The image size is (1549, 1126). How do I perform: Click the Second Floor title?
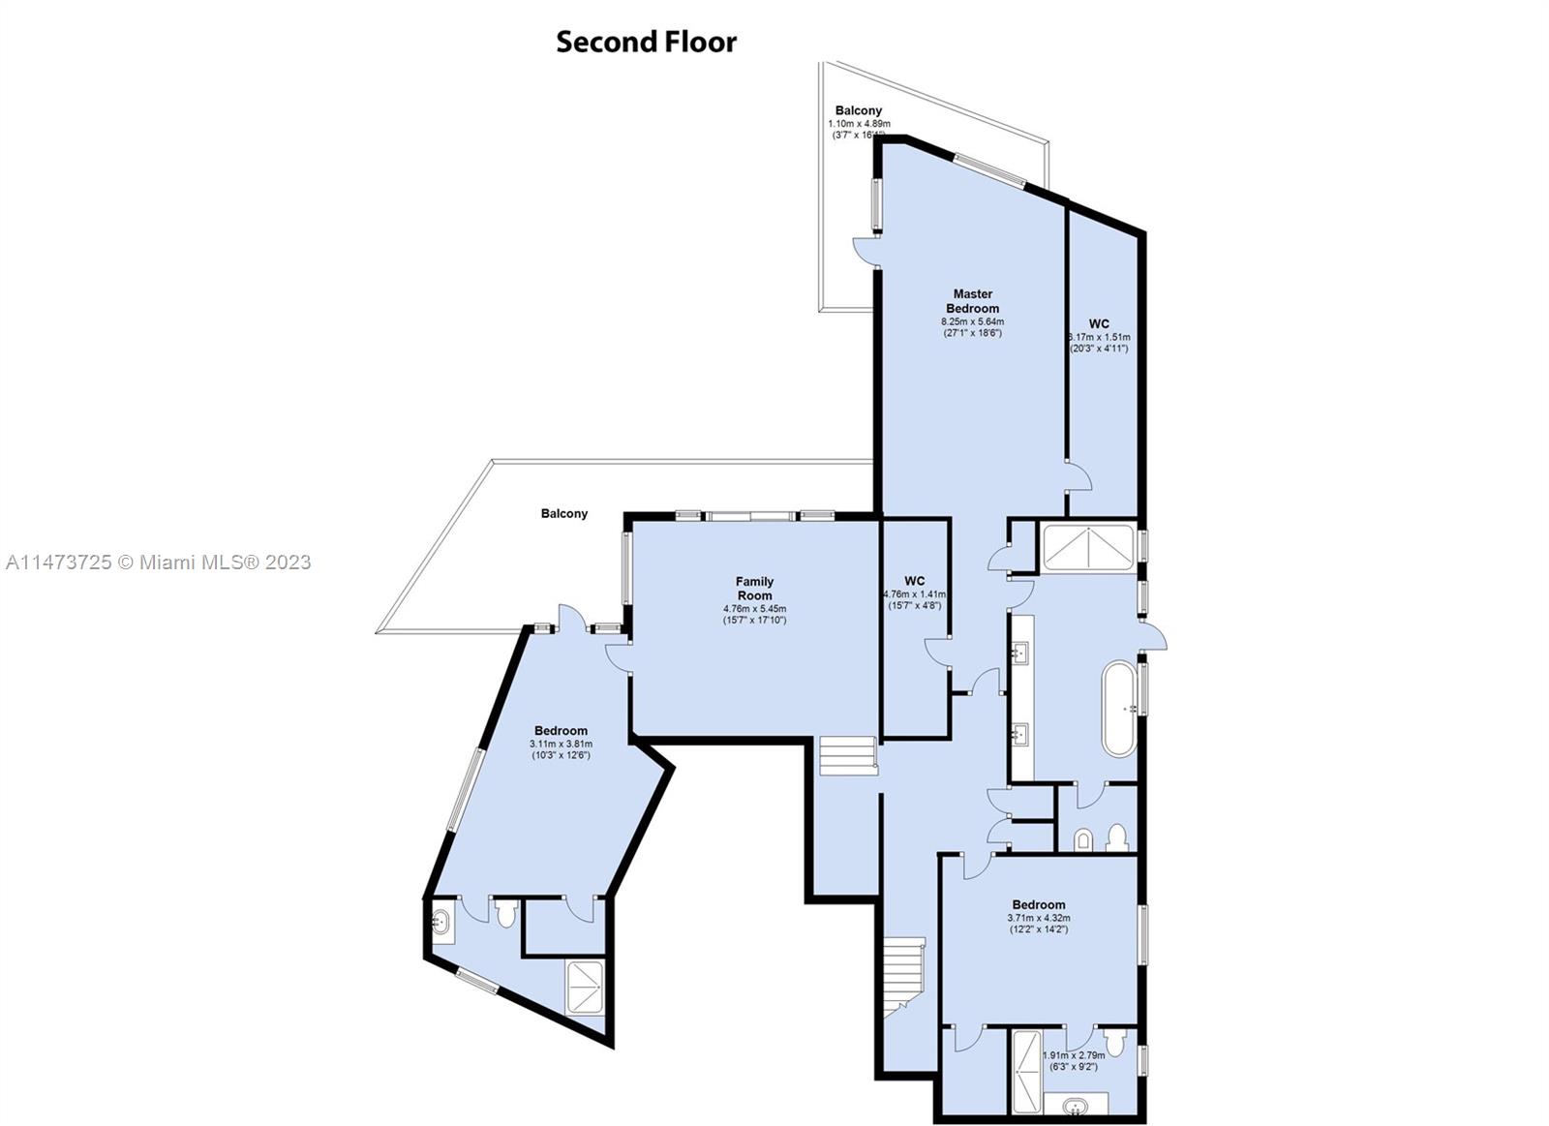tap(646, 42)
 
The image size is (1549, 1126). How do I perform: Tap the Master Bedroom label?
tap(972, 301)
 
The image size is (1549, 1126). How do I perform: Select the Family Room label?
tap(754, 589)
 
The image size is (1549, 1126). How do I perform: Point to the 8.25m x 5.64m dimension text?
tap(972, 321)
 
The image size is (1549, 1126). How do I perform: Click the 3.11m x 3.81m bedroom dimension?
tap(561, 744)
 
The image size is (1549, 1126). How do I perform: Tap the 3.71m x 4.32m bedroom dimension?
tap(1039, 918)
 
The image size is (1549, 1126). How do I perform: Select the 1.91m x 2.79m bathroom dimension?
tap(1073, 1056)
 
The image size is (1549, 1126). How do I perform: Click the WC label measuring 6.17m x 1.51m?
tap(1099, 324)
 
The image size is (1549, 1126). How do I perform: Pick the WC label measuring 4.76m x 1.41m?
tap(914, 582)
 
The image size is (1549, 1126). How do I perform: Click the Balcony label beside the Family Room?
tap(563, 514)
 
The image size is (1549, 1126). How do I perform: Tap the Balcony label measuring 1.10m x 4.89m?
tap(858, 111)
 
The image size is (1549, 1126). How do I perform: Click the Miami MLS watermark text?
tap(158, 563)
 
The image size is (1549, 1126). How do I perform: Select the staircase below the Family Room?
tap(847, 756)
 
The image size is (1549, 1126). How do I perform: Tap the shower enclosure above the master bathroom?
tap(1087, 548)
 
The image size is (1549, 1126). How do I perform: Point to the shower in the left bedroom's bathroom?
tap(586, 986)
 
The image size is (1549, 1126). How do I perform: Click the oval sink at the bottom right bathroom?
tap(1074, 1105)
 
